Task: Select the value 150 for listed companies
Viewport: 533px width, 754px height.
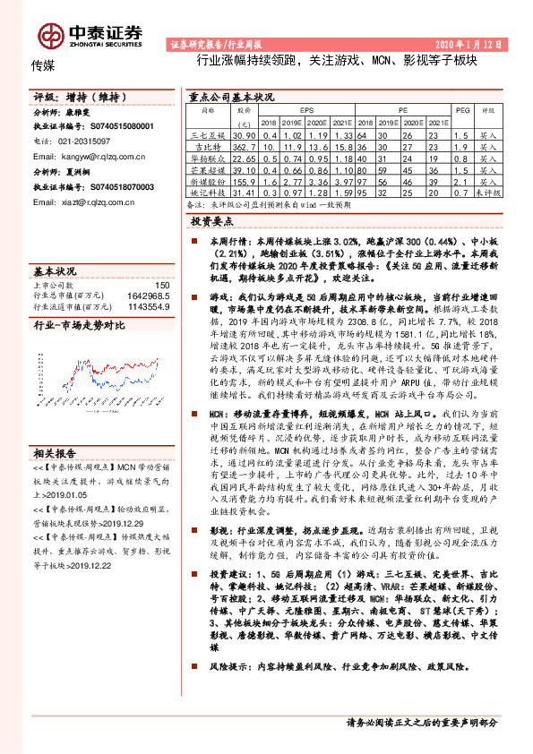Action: [x=163, y=285]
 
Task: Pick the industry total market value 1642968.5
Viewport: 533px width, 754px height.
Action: [x=147, y=295]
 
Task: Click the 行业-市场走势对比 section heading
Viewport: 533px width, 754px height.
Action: [x=76, y=327]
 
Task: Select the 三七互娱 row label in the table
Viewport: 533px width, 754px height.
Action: [x=208, y=133]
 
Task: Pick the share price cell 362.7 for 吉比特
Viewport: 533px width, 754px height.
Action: [x=244, y=145]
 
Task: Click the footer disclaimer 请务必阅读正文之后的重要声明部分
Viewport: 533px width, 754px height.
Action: [x=420, y=722]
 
